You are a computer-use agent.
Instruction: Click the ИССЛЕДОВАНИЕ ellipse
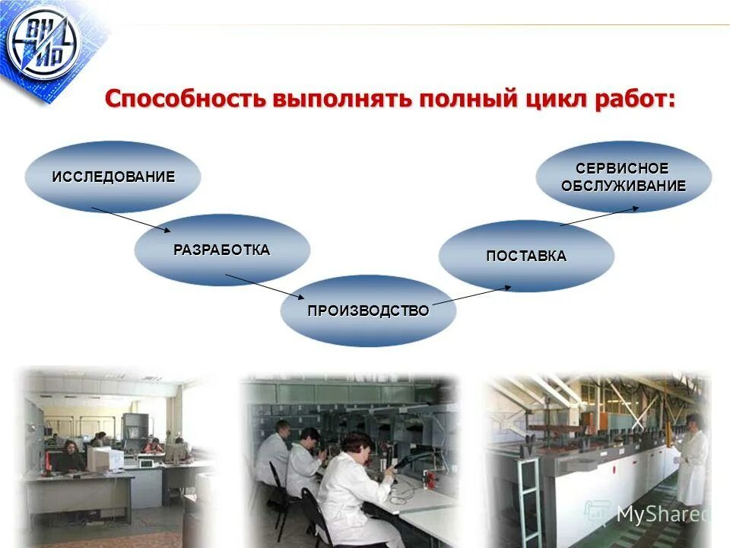[x=113, y=177]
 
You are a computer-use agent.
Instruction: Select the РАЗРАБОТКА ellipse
[x=222, y=250]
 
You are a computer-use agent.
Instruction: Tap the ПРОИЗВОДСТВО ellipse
[x=368, y=311]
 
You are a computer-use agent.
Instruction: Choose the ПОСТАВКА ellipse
[x=526, y=256]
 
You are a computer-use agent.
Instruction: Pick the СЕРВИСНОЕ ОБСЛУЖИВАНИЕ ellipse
[x=624, y=177]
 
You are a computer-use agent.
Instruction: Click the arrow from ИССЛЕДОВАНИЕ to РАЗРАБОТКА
[x=131, y=219]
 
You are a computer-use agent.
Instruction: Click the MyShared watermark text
[x=660, y=515]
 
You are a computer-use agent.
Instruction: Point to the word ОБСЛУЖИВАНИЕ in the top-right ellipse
[x=624, y=186]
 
